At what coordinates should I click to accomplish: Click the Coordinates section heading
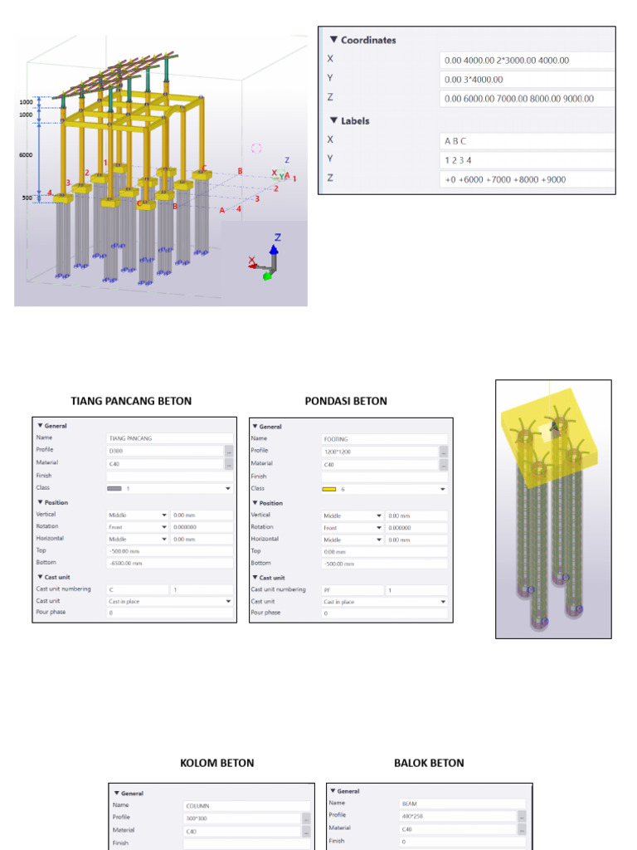[368, 40]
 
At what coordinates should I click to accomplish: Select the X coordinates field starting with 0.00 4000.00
[526, 61]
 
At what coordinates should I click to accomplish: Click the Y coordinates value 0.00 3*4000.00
[526, 80]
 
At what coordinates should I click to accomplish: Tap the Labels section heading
[355, 120]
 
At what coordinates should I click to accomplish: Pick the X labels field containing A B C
[526, 141]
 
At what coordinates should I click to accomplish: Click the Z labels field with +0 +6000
[526, 179]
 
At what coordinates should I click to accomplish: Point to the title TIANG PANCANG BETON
[131, 401]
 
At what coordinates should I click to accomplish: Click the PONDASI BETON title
[346, 401]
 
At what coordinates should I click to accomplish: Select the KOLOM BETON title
[217, 763]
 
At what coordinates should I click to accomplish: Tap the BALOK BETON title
[429, 763]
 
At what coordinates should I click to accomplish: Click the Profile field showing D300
[163, 451]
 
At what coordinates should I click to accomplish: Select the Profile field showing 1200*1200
[379, 452]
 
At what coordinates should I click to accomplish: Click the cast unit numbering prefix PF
[352, 589]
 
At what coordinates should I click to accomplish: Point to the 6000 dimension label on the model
[27, 155]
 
